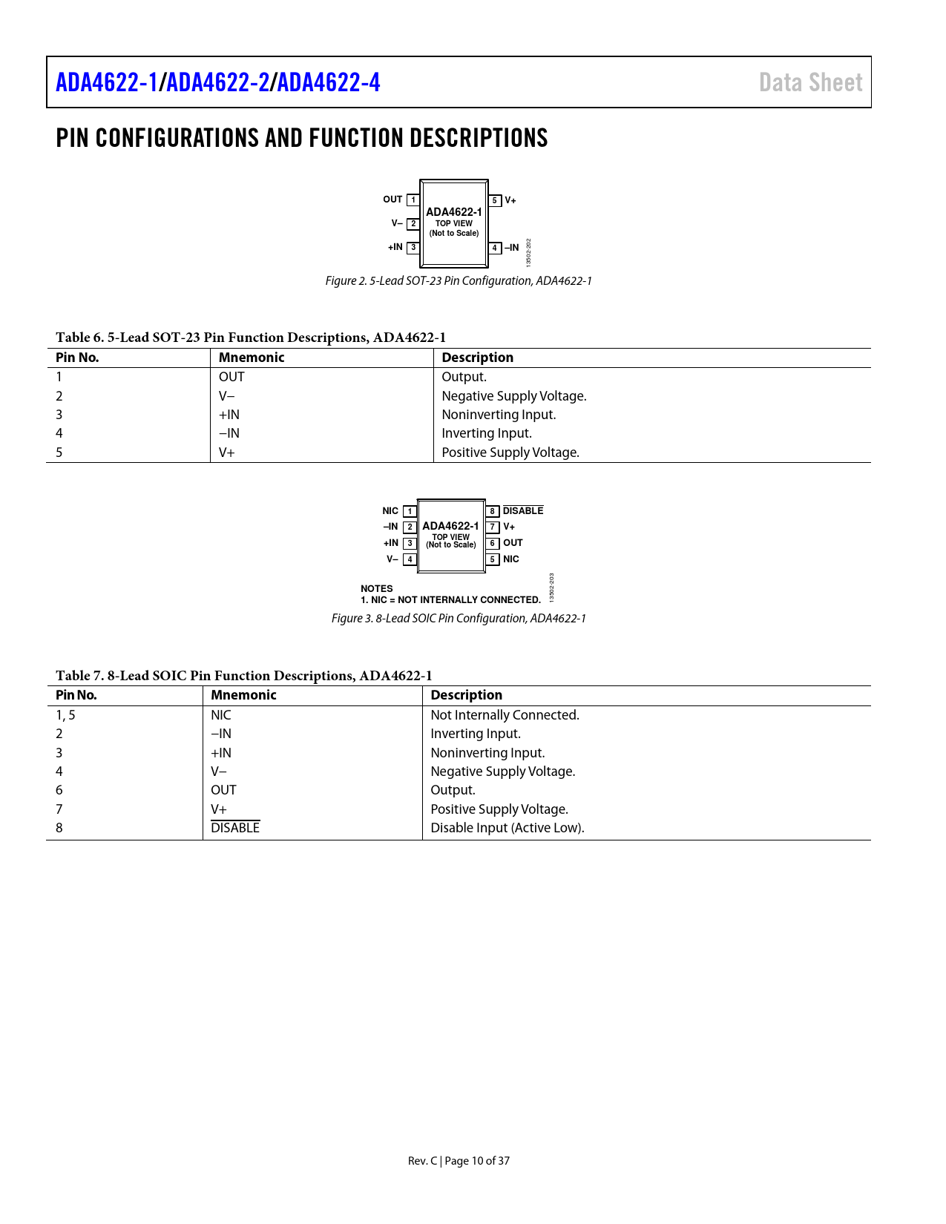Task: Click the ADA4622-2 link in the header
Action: point(218,82)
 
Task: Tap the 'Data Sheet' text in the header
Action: point(810,82)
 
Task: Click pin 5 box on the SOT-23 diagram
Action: point(495,200)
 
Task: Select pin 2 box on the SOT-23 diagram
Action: point(413,223)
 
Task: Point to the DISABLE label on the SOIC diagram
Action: point(523,511)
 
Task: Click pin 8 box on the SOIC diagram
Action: point(492,511)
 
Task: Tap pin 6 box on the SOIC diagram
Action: point(492,543)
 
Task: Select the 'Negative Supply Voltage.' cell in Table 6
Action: point(514,396)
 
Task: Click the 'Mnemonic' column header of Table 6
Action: point(252,358)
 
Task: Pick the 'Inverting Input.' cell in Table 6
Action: point(487,433)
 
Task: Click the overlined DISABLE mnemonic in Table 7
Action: point(235,828)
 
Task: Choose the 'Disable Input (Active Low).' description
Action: point(508,828)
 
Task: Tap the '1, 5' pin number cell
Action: point(65,715)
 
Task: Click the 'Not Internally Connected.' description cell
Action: point(505,715)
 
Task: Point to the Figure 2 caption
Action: point(459,281)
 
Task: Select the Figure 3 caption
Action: point(459,619)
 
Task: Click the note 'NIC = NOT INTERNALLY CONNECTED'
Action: point(450,600)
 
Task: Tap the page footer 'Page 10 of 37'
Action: point(477,1161)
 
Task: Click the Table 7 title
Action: point(243,676)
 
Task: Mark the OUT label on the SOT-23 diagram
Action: point(392,200)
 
